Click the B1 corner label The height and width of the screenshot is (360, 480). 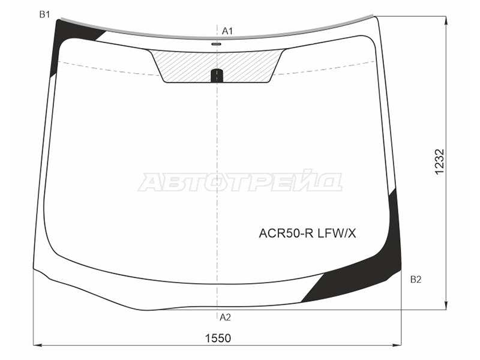pyautogui.click(x=44, y=14)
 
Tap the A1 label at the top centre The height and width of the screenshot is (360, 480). pyautogui.click(x=227, y=31)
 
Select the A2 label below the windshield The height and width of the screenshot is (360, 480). pyautogui.click(x=225, y=317)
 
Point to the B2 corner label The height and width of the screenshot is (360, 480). pyautogui.click(x=416, y=280)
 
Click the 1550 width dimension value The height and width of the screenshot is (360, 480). pyautogui.click(x=218, y=338)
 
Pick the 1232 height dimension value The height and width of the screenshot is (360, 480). pyautogui.click(x=439, y=162)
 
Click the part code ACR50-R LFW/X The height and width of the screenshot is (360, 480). pyautogui.click(x=307, y=233)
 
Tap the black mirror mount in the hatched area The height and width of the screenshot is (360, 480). pyautogui.click(x=217, y=76)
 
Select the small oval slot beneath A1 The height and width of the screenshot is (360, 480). pyautogui.click(x=217, y=44)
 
